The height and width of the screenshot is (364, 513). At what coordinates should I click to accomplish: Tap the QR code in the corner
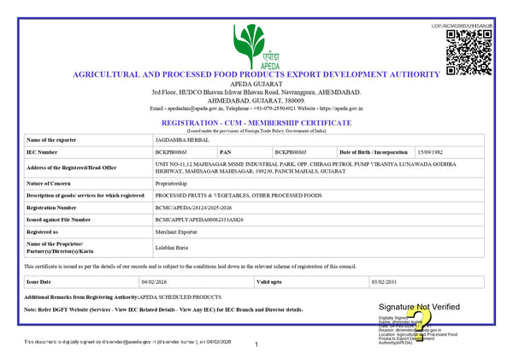pos(469,50)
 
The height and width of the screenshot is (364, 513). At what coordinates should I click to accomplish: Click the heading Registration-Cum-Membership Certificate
pos(256,123)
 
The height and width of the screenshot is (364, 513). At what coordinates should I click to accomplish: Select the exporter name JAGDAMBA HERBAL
pos(178,139)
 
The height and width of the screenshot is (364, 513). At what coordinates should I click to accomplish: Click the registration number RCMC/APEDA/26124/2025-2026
pos(196,208)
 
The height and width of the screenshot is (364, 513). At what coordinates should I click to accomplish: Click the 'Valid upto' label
pos(270,281)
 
